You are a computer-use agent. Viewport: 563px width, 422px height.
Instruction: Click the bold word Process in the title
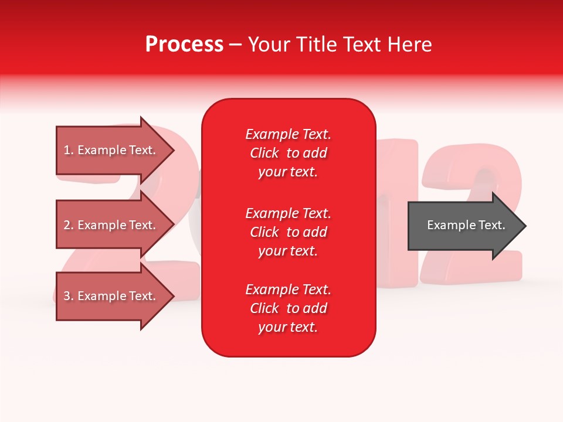pyautogui.click(x=184, y=45)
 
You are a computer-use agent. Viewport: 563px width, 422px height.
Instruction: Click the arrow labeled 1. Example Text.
pyautogui.click(x=111, y=150)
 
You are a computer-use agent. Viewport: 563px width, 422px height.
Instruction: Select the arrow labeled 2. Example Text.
pyautogui.click(x=111, y=225)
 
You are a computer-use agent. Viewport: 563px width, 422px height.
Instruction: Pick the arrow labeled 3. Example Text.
pyautogui.click(x=111, y=296)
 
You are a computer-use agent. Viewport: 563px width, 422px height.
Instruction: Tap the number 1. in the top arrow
pyautogui.click(x=69, y=150)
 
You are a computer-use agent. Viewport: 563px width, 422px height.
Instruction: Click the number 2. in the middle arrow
pyautogui.click(x=69, y=225)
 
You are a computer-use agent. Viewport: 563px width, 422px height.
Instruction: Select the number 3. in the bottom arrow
pyautogui.click(x=69, y=296)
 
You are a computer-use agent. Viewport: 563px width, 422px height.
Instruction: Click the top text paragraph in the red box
pyautogui.click(x=288, y=153)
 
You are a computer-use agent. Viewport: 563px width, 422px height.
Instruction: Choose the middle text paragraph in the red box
pyautogui.click(x=288, y=232)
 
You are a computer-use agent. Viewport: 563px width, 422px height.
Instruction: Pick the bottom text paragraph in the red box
pyautogui.click(x=288, y=308)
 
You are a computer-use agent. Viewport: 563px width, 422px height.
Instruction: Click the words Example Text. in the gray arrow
pyautogui.click(x=466, y=225)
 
